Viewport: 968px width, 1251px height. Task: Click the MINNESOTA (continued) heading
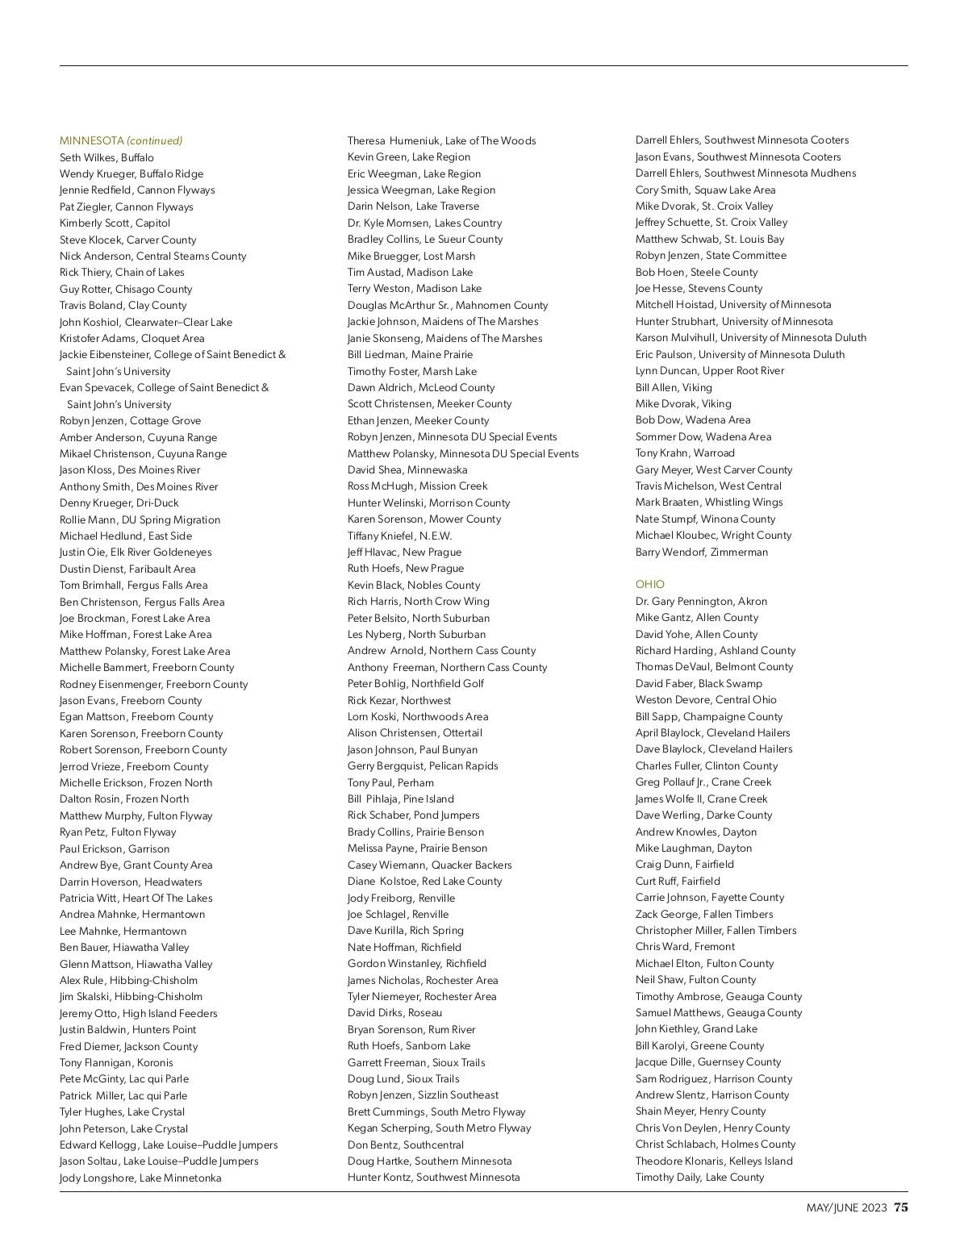[121, 140]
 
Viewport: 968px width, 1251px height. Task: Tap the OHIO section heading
[649, 584]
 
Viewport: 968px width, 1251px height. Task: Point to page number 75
[900, 1207]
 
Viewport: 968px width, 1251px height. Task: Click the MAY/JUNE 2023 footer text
[846, 1207]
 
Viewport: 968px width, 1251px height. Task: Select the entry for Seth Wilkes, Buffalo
[106, 157]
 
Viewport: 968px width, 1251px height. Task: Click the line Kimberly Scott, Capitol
[115, 223]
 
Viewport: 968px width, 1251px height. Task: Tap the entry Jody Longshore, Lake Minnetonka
[140, 1178]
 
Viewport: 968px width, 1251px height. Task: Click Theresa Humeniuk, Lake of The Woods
[441, 140]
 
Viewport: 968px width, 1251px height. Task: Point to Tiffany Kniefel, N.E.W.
[399, 536]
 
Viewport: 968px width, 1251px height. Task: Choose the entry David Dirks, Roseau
[394, 1012]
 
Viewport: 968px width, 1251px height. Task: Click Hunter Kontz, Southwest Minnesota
[433, 1177]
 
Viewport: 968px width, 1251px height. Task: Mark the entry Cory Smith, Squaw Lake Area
[705, 190]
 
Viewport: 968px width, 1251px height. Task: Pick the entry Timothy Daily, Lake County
[699, 1177]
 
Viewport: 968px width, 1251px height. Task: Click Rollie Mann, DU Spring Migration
[140, 519]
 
